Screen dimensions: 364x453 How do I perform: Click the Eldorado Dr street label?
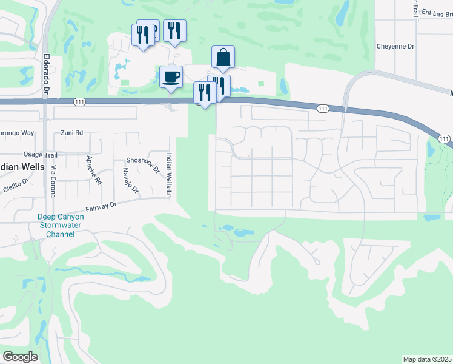[x=47, y=74]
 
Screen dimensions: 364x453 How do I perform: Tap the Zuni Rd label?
[x=71, y=132]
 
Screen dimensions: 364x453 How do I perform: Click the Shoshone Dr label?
[x=142, y=161]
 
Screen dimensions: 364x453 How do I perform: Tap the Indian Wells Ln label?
[x=169, y=174]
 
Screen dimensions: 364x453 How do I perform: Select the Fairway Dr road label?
[x=101, y=206]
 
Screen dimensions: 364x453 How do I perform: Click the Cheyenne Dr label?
[x=395, y=45]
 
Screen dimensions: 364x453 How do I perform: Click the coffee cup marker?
[x=171, y=78]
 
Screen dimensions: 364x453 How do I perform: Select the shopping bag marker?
[x=223, y=57]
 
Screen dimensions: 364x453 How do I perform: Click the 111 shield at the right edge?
[x=445, y=140]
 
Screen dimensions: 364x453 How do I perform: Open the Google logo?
[x=20, y=357]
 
